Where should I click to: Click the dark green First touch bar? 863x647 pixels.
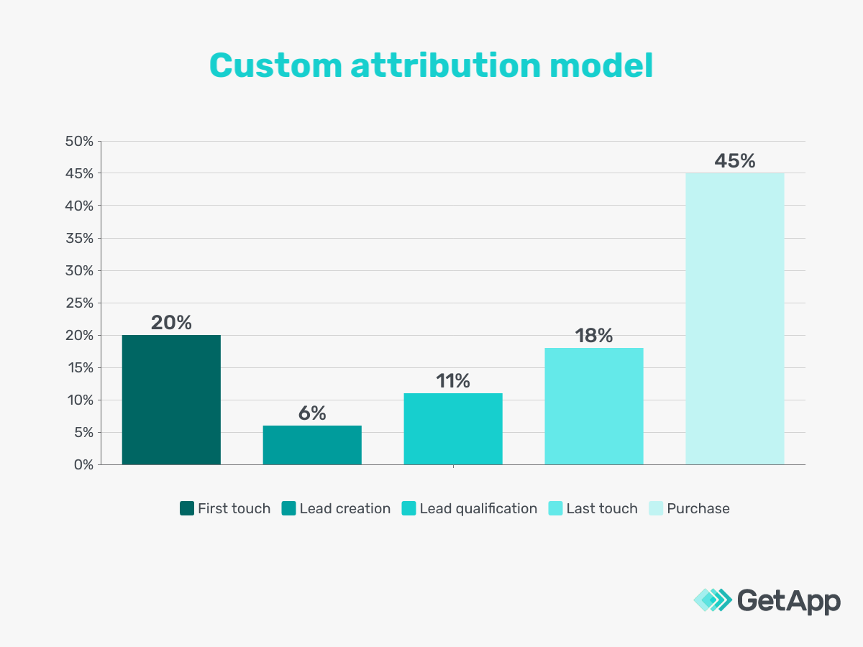[171, 400]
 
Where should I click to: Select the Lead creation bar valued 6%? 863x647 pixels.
[312, 445]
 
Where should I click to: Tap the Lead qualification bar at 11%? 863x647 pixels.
[453, 428]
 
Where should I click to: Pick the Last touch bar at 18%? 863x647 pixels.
[594, 406]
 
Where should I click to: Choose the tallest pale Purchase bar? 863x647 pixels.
[734, 318]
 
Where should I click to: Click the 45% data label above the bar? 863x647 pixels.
[734, 161]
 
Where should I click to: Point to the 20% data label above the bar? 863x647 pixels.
[171, 323]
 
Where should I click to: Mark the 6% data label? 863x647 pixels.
[312, 413]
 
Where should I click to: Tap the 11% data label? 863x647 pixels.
[453, 381]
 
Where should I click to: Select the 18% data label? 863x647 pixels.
[594, 336]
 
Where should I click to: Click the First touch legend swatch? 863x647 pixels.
[187, 509]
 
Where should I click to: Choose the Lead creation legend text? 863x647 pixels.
[344, 509]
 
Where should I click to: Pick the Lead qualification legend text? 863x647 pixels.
[478, 509]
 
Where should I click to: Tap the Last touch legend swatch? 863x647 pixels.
[555, 509]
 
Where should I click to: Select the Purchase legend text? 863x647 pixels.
[698, 509]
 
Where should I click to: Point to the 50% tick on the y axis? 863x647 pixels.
[79, 142]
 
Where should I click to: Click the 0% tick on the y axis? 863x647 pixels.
[83, 465]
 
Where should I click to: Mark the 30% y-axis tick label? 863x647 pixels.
[79, 271]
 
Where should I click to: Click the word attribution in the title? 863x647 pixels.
[446, 66]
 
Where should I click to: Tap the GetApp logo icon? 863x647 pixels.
[711, 600]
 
